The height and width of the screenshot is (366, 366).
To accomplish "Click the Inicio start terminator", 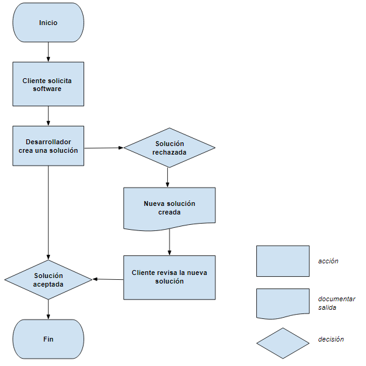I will click(x=48, y=23).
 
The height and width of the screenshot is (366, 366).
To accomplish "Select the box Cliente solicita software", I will click(x=48, y=84).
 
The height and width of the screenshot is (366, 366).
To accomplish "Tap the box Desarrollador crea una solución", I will click(x=48, y=145).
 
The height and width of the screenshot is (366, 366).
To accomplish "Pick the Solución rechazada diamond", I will click(x=170, y=147).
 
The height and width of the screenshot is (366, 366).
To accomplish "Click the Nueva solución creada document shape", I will click(x=170, y=208).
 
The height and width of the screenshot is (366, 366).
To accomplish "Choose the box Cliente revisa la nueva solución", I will click(x=170, y=277).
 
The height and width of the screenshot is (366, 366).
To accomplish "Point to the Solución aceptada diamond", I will click(x=48, y=279).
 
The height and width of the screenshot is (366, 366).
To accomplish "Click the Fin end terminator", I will click(x=48, y=339).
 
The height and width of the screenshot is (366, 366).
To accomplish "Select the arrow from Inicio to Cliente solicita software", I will click(x=48, y=52).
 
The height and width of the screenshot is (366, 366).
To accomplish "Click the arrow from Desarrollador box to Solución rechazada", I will click(x=104, y=147).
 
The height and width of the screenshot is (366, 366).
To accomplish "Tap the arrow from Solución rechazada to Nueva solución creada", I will click(x=168, y=177).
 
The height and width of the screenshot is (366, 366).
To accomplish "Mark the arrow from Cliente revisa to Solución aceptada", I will click(x=107, y=279).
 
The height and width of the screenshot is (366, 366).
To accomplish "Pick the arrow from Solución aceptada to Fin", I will click(x=48, y=309).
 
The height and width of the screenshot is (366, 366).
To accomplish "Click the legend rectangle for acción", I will click(x=282, y=261).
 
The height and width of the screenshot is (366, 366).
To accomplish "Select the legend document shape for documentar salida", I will click(x=282, y=303).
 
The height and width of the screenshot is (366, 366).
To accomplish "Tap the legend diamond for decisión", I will click(x=282, y=343).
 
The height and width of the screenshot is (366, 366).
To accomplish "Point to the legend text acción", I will click(x=328, y=261).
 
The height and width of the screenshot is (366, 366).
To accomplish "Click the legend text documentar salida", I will click(x=336, y=303).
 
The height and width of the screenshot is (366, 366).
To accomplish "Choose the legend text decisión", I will click(x=331, y=339).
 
